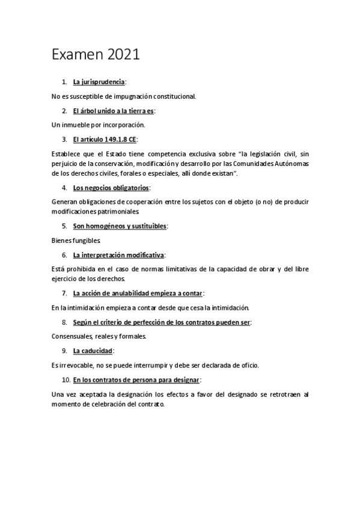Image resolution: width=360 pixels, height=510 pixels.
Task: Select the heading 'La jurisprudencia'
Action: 99,81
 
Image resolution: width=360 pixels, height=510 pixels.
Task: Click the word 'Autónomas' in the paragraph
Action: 291,163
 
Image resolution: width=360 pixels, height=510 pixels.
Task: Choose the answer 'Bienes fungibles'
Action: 75,241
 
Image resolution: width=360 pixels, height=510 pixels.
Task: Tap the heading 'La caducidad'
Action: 93,351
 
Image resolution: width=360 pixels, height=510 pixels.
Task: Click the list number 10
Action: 66,380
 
